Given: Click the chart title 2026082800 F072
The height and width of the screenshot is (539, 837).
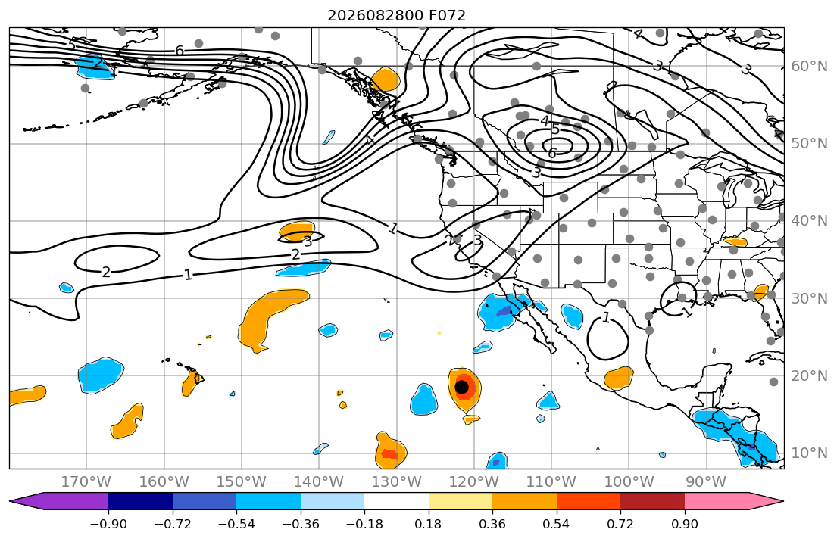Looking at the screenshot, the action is pyautogui.click(x=396, y=15).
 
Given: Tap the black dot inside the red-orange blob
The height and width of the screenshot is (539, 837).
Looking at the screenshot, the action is pyautogui.click(x=462, y=387).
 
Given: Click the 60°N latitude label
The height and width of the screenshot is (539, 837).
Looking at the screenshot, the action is pyautogui.click(x=809, y=66).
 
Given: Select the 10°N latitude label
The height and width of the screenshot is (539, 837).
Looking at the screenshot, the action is pyautogui.click(x=809, y=453).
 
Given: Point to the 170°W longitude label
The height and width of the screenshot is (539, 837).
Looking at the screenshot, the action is pyautogui.click(x=86, y=482).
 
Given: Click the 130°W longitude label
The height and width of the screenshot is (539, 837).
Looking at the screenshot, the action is pyautogui.click(x=397, y=482).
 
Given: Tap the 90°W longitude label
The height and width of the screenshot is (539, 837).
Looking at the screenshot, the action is pyautogui.click(x=706, y=482).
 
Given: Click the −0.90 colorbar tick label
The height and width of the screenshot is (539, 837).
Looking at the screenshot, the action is pyautogui.click(x=108, y=524).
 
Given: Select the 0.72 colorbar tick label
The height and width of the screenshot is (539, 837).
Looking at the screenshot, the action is pyautogui.click(x=620, y=524).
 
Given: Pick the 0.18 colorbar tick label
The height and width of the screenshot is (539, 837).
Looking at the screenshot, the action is pyautogui.click(x=429, y=524).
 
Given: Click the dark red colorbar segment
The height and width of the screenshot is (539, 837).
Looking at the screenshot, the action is pyautogui.click(x=652, y=502).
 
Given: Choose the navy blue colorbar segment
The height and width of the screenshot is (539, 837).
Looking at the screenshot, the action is pyautogui.click(x=140, y=502).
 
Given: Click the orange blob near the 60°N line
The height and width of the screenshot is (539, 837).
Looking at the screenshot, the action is pyautogui.click(x=385, y=79).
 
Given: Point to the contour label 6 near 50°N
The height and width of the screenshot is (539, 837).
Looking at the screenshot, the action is pyautogui.click(x=552, y=154).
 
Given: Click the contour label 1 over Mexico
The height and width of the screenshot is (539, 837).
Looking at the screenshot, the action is pyautogui.click(x=607, y=318).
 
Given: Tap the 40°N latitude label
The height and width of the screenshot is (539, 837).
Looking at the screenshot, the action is pyautogui.click(x=809, y=221).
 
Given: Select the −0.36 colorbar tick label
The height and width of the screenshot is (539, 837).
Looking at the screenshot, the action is pyautogui.click(x=301, y=524).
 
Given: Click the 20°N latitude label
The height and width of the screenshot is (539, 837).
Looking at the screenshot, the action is pyautogui.click(x=809, y=375).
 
